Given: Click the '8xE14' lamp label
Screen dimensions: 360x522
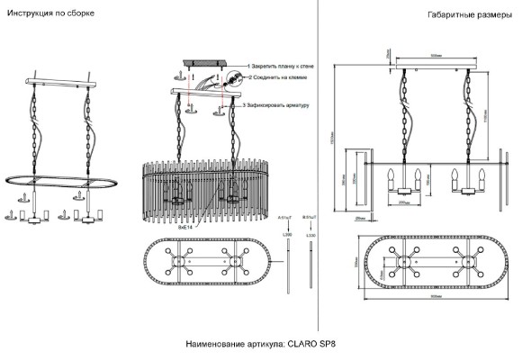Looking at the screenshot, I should pos(187,229).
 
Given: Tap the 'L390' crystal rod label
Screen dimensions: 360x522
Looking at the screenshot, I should pos(287,235).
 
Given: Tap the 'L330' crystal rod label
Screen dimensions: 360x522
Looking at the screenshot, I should pos(310,235).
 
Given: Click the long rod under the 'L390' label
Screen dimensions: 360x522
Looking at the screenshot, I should pos(287,265).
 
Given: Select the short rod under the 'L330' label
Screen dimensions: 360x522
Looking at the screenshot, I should pos(310,261).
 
